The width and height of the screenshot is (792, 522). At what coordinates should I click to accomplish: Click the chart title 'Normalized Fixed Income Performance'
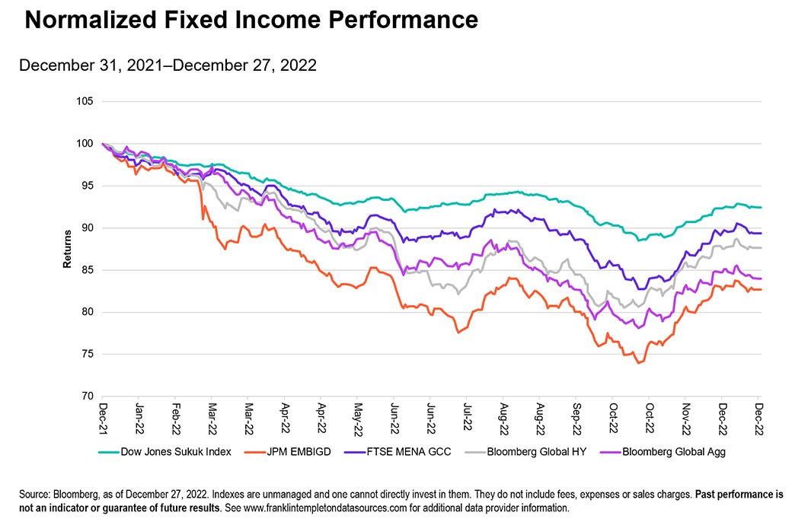[251, 21]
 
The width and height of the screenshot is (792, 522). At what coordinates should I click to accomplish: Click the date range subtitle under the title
[168, 65]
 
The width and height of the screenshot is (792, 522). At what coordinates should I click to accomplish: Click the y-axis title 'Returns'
[67, 249]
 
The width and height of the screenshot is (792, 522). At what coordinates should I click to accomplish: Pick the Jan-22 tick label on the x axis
[140, 418]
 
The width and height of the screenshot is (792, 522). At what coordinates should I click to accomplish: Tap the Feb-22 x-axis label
[177, 418]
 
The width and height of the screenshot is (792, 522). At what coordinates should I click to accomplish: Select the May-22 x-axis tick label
[357, 418]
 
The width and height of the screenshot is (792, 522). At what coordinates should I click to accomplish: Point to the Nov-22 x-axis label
[686, 418]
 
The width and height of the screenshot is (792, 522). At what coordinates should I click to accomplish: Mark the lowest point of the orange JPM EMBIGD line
[638, 363]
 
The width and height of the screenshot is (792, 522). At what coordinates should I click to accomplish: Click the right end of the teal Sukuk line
[760, 207]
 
